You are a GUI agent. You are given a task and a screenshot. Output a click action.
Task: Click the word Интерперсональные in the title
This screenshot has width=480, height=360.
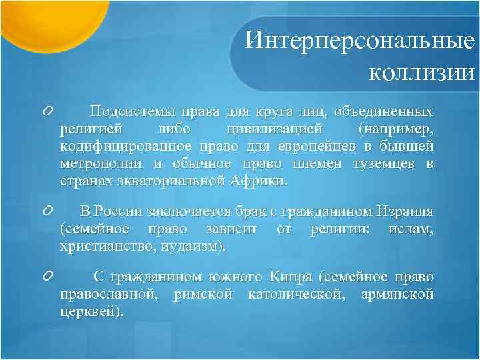[x=359, y=41]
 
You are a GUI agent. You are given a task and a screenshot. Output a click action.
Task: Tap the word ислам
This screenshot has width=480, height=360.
[x=409, y=229]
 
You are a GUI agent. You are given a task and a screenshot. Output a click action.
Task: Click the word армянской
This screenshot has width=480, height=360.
[x=396, y=294]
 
